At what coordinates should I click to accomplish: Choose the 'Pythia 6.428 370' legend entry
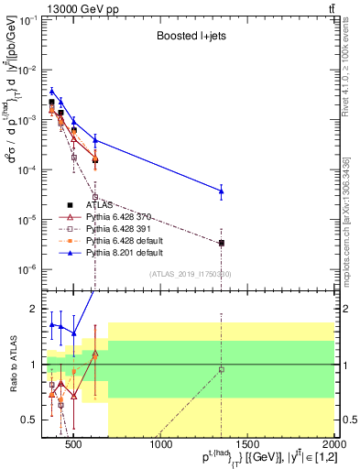118,216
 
